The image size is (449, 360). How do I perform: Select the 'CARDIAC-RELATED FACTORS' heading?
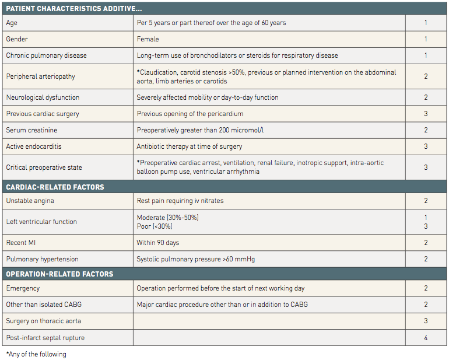click(55, 187)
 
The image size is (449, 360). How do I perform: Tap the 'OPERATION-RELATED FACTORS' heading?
click(59, 274)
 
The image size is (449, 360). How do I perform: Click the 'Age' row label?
click(12, 23)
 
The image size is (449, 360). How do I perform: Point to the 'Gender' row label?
click(17, 39)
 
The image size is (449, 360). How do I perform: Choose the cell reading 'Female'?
click(148, 39)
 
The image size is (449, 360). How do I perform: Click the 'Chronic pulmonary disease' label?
click(46, 55)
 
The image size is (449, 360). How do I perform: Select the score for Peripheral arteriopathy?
click(426, 76)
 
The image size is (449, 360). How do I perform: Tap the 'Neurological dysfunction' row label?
click(43, 97)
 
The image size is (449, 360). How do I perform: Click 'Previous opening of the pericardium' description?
click(190, 114)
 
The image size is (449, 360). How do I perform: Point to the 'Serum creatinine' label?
click(31, 130)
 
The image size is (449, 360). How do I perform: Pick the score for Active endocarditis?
click(426, 146)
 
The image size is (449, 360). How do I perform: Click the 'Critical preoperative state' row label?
click(44, 167)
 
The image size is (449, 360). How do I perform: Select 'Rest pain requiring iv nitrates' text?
click(180, 201)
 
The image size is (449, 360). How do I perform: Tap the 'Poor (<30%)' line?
click(155, 226)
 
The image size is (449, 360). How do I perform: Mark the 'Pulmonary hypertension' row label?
click(42, 259)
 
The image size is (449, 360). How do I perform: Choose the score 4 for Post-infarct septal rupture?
click(426, 337)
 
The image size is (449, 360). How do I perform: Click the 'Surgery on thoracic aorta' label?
click(44, 321)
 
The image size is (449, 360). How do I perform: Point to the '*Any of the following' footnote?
click(36, 354)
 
